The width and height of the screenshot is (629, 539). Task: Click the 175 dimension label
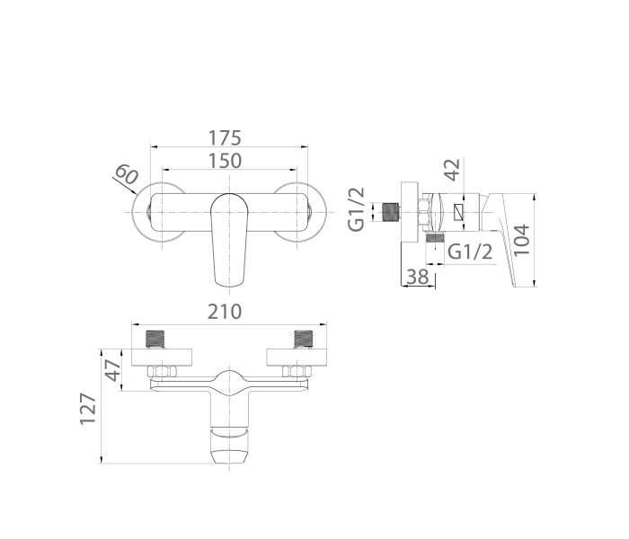[x=225, y=138]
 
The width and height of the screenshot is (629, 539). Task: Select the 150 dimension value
[x=225, y=161]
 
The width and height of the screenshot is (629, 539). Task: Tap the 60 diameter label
[x=127, y=174]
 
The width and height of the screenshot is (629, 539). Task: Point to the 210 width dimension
[x=225, y=312]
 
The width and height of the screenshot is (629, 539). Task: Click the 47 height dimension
[x=112, y=370]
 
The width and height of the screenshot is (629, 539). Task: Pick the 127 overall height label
[x=88, y=409]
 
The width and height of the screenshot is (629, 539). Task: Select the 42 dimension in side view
[x=453, y=170]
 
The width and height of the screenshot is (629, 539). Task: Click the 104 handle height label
[x=521, y=240]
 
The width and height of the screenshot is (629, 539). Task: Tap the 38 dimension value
[x=418, y=277]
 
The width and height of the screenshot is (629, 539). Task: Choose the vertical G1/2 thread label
[x=357, y=209]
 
